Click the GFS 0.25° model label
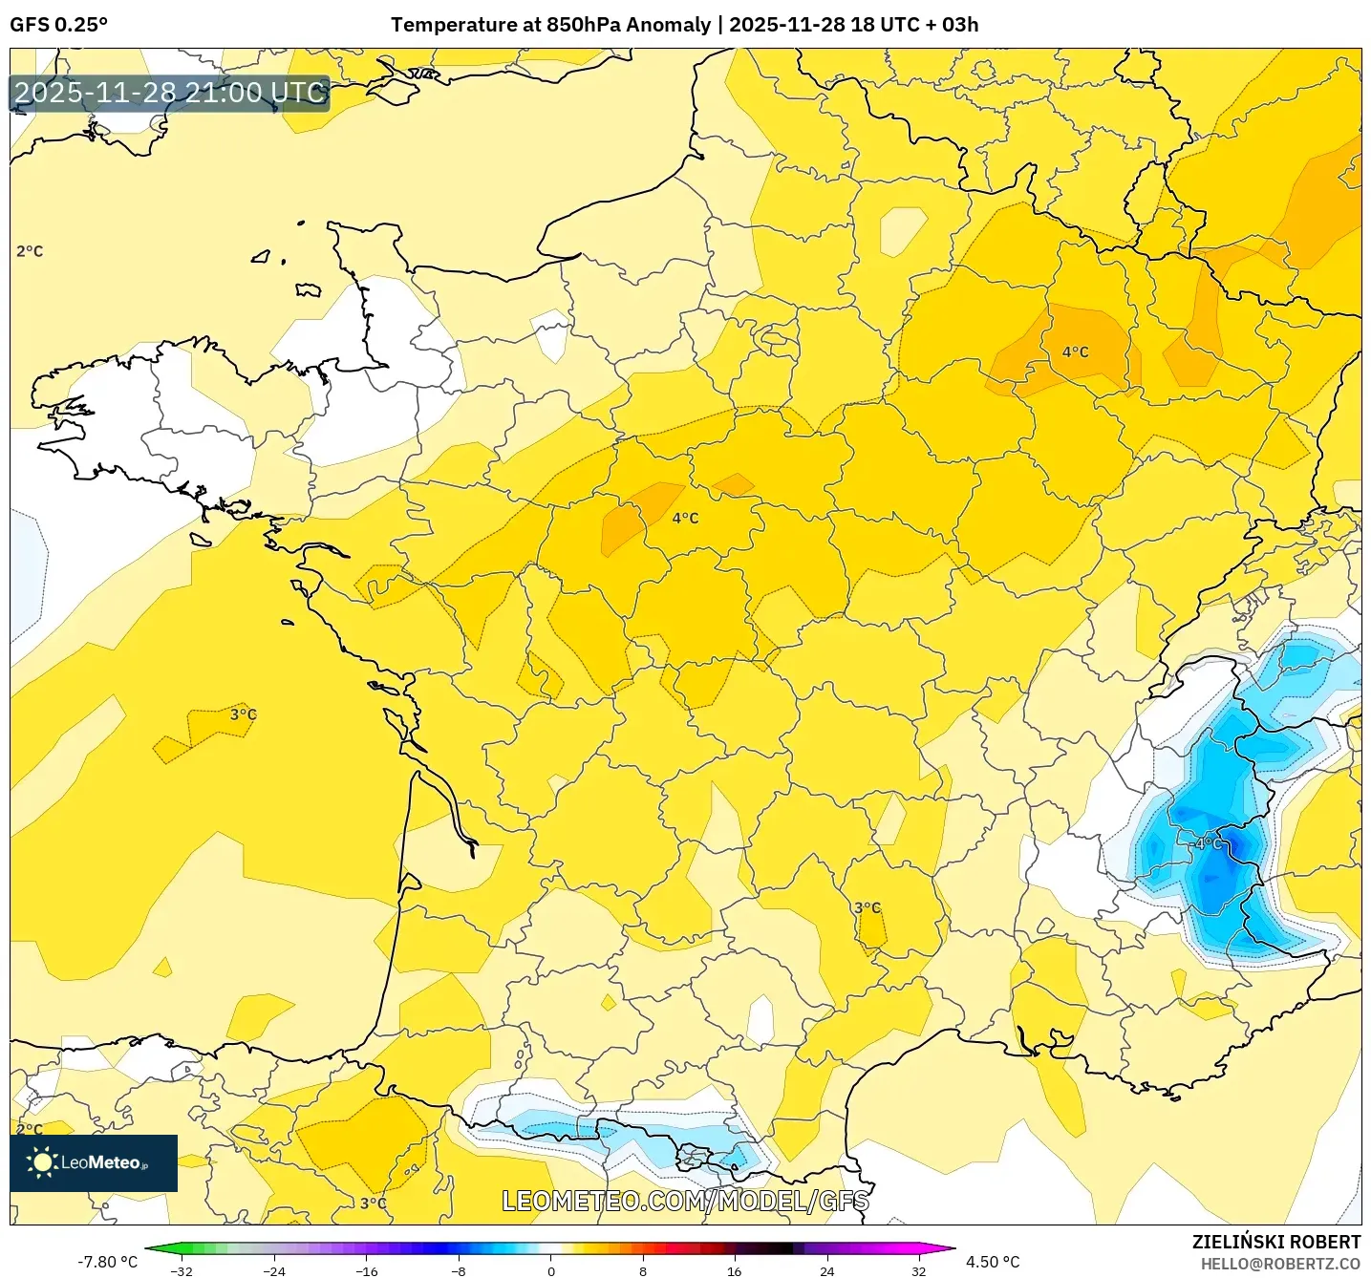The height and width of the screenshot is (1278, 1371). pyautogui.click(x=58, y=25)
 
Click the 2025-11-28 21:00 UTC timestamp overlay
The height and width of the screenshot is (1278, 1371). pyautogui.click(x=170, y=93)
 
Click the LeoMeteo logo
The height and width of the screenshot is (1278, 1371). pyautogui.click(x=94, y=1162)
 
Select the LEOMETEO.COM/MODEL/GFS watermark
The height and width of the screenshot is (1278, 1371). pyautogui.click(x=685, y=1201)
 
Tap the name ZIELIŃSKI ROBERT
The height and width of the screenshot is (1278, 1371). pyautogui.click(x=1275, y=1242)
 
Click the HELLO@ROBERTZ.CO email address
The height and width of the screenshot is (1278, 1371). pyautogui.click(x=1280, y=1264)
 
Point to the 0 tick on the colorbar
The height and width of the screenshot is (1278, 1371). pyautogui.click(x=550, y=1270)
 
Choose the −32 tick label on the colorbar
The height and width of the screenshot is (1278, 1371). pyautogui.click(x=181, y=1270)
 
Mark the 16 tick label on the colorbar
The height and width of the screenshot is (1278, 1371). pyautogui.click(x=734, y=1270)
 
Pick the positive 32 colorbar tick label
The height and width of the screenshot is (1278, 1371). pyautogui.click(x=918, y=1270)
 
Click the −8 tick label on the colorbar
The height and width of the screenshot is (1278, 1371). pyautogui.click(x=458, y=1270)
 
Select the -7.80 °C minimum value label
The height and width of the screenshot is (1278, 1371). pyautogui.click(x=107, y=1262)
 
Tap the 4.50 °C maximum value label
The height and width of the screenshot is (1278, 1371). pyautogui.click(x=993, y=1262)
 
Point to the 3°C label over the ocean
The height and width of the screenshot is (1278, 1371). pyautogui.click(x=243, y=714)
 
